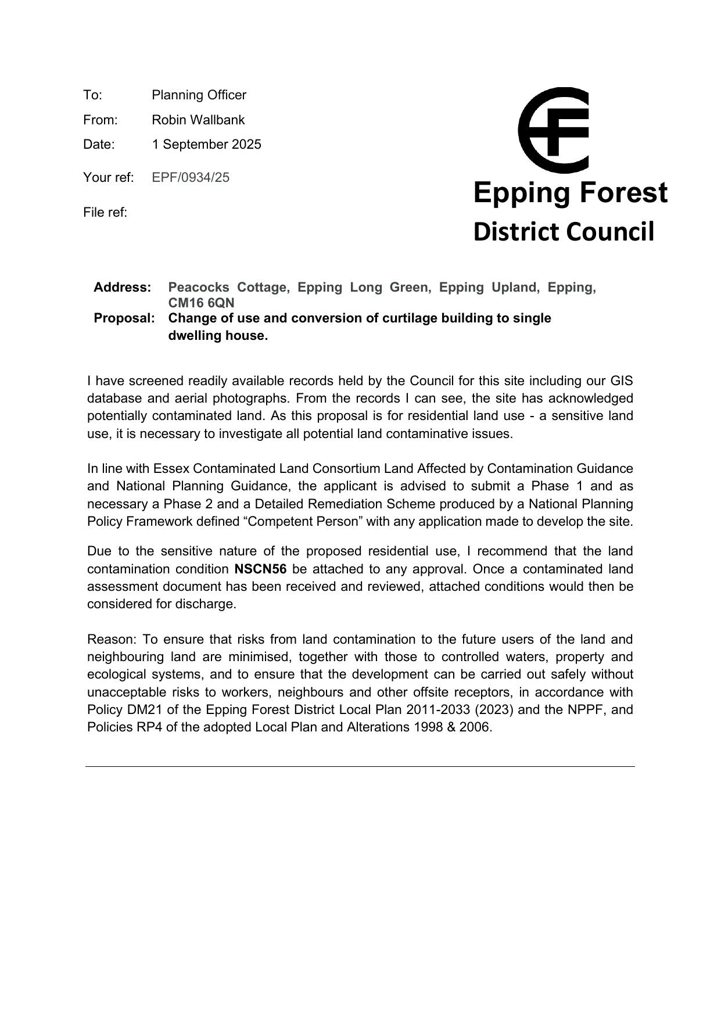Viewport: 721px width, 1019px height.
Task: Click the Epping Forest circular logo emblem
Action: click(553, 130)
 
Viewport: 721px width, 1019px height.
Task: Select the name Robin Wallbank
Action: click(198, 120)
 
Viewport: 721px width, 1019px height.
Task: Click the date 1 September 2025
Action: click(206, 145)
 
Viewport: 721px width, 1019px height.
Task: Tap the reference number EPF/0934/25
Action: click(191, 178)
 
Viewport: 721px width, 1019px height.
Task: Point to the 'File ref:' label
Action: click(105, 213)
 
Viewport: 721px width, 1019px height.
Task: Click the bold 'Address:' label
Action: click(123, 288)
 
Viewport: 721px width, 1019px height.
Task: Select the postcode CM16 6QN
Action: click(201, 303)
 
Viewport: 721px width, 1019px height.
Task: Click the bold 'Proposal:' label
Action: click(124, 318)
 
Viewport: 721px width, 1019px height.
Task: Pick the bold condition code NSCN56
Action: click(260, 569)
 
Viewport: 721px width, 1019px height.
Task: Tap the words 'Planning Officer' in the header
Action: click(199, 95)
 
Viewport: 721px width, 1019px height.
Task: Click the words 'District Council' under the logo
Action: click(564, 232)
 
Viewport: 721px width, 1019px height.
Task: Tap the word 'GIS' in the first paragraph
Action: click(621, 381)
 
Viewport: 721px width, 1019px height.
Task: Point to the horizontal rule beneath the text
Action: click(360, 767)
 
